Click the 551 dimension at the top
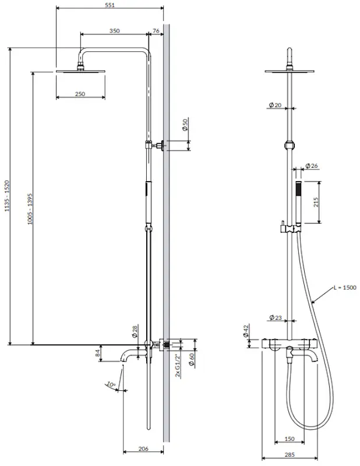(x=110, y=4)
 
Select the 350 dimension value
(x=114, y=31)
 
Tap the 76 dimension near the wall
(x=156, y=31)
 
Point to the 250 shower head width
(x=80, y=94)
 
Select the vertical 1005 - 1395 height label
(x=29, y=208)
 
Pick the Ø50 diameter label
(x=185, y=125)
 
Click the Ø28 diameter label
(x=135, y=331)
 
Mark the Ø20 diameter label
(x=274, y=105)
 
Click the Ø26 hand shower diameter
(x=312, y=166)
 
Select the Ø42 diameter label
(x=246, y=332)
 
